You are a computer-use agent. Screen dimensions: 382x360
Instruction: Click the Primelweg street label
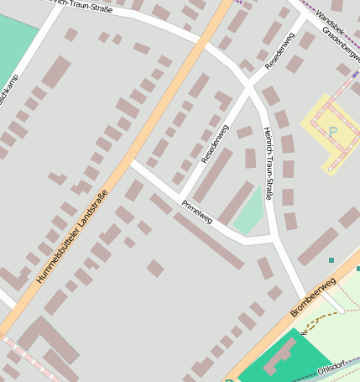[197, 212]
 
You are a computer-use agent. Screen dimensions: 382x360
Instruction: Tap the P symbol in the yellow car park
[332, 132]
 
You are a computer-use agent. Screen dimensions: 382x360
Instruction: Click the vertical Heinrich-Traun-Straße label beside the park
[268, 163]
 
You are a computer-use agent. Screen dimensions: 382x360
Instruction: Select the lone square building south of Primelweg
[155, 268]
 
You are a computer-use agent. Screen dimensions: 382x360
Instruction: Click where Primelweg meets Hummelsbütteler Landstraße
[129, 161]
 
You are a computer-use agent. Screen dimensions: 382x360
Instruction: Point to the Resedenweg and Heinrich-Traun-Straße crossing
[250, 85]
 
